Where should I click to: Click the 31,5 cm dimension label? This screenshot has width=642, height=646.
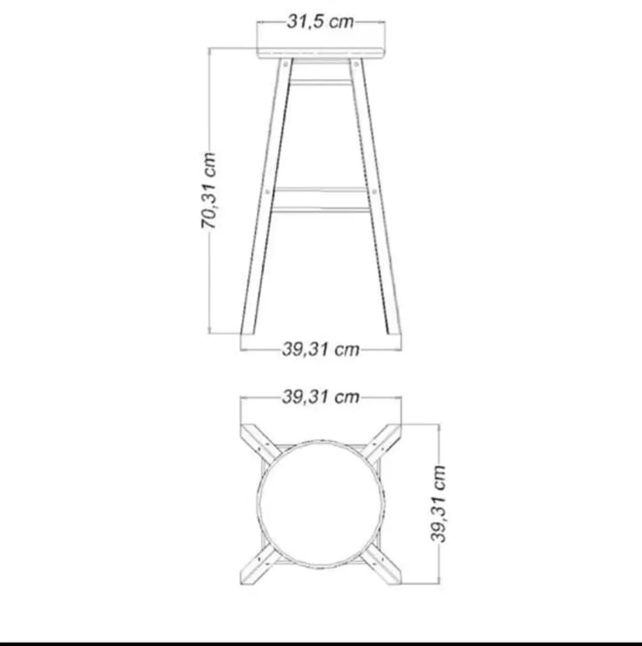(x=320, y=22)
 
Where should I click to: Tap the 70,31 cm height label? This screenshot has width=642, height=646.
(x=208, y=190)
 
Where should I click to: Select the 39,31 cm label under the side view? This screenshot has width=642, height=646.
(x=321, y=349)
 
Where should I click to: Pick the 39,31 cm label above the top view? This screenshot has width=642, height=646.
(x=321, y=397)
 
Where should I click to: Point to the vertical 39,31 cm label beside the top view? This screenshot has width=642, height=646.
(x=438, y=504)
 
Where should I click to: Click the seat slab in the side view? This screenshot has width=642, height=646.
(x=321, y=53)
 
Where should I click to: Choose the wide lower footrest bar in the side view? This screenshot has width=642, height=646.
(x=321, y=199)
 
